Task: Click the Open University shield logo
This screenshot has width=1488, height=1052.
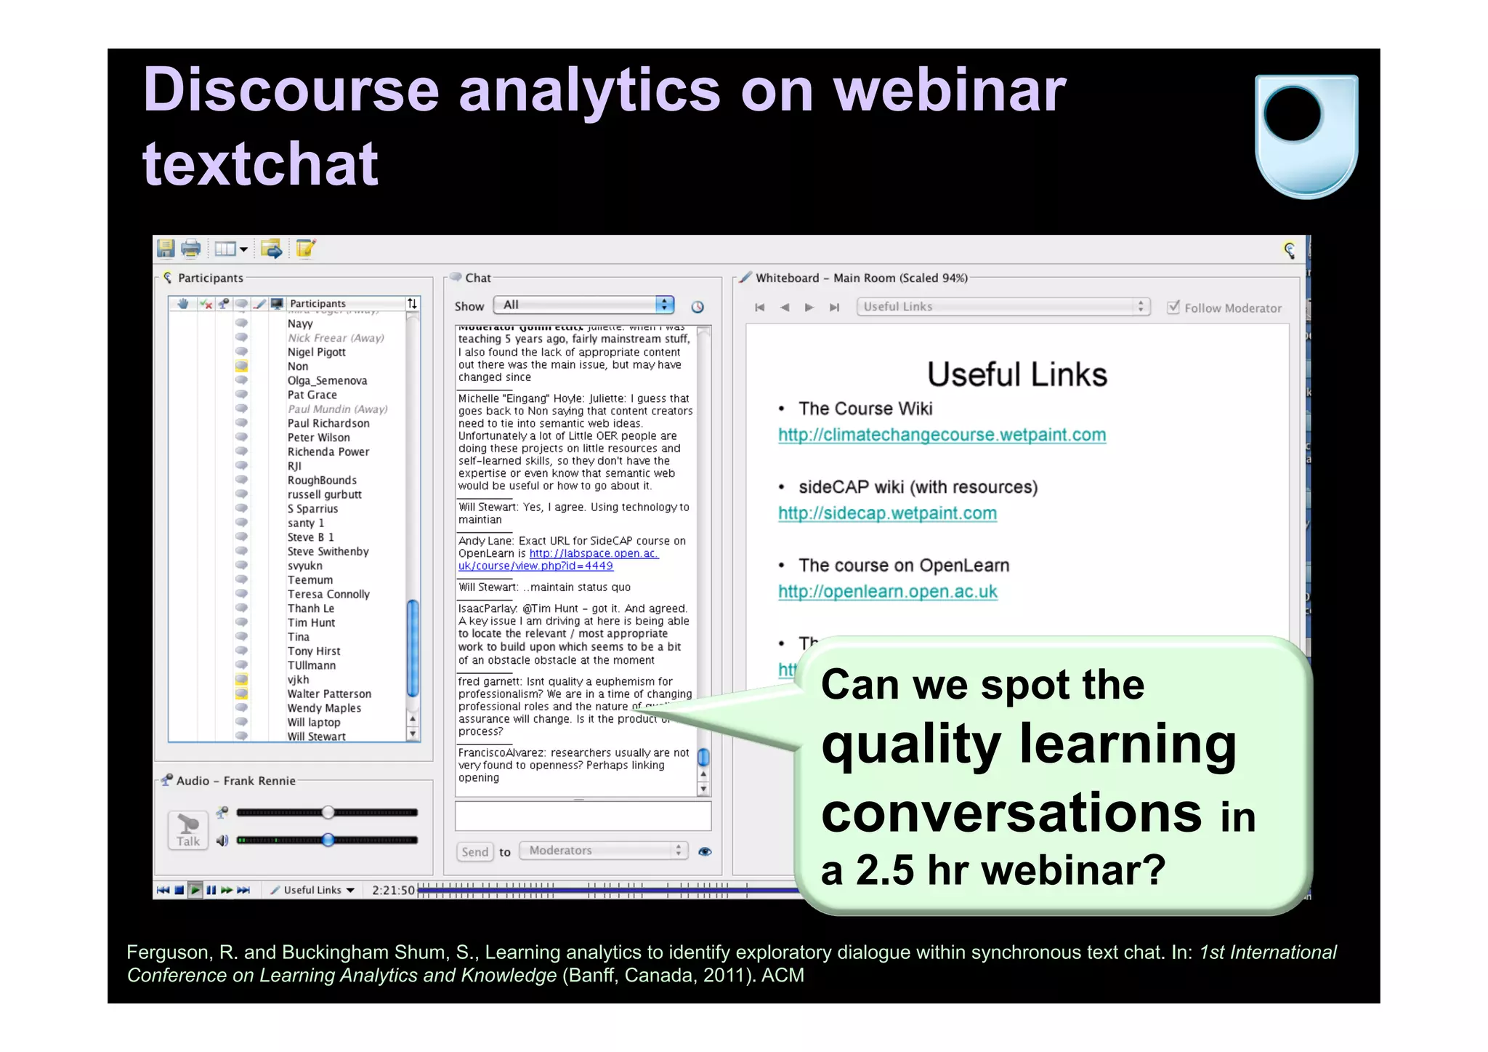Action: coord(1306,136)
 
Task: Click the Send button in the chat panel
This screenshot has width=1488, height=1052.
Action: coord(474,851)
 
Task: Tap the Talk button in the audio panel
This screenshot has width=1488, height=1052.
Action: coord(188,830)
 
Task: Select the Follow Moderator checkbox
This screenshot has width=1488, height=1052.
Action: coord(1173,307)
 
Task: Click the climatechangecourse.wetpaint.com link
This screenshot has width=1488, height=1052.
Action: coord(942,435)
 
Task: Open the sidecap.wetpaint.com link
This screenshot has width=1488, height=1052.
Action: coord(887,513)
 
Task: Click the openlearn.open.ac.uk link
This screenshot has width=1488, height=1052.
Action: coord(887,592)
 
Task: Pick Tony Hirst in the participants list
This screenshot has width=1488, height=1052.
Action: coord(314,651)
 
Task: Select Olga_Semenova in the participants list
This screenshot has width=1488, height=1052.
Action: coord(327,381)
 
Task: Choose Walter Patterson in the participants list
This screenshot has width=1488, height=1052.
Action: coord(329,694)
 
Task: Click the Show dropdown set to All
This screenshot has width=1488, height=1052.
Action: coord(583,305)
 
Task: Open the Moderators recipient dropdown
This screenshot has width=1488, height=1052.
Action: coord(603,851)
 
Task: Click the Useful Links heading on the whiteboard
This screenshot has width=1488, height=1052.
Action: coord(1016,375)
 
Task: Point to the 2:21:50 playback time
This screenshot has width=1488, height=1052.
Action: coord(393,890)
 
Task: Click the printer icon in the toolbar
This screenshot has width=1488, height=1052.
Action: coord(190,249)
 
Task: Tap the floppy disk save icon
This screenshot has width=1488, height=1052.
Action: coord(166,249)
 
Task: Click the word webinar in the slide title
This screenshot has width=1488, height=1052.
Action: coord(949,90)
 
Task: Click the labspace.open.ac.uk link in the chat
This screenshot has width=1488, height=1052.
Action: coord(594,554)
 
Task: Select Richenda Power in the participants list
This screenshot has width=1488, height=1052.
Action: coord(328,452)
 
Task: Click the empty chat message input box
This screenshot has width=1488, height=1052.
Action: coord(583,816)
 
